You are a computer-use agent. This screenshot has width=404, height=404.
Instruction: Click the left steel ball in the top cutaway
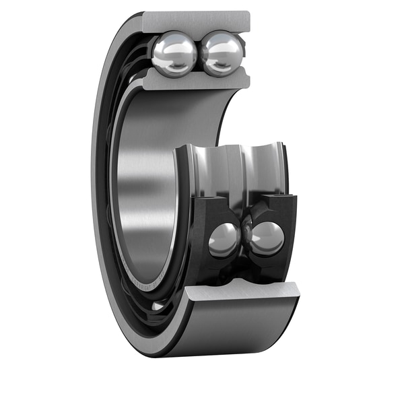click(174, 55)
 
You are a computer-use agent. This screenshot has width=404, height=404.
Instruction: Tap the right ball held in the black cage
click(267, 238)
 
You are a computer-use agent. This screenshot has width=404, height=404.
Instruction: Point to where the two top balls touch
click(199, 54)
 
